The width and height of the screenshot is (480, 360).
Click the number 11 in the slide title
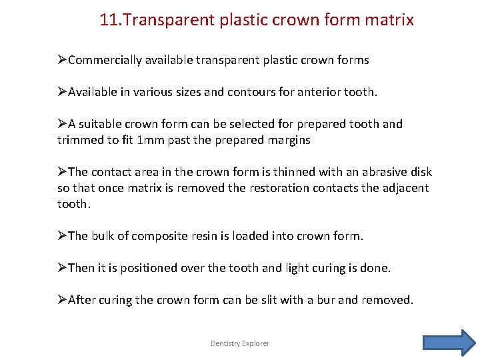coord(109,20)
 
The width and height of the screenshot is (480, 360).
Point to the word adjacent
coord(403,188)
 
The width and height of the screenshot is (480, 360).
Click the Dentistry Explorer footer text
coord(240,343)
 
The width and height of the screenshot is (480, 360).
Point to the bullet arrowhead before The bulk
coord(62,236)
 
